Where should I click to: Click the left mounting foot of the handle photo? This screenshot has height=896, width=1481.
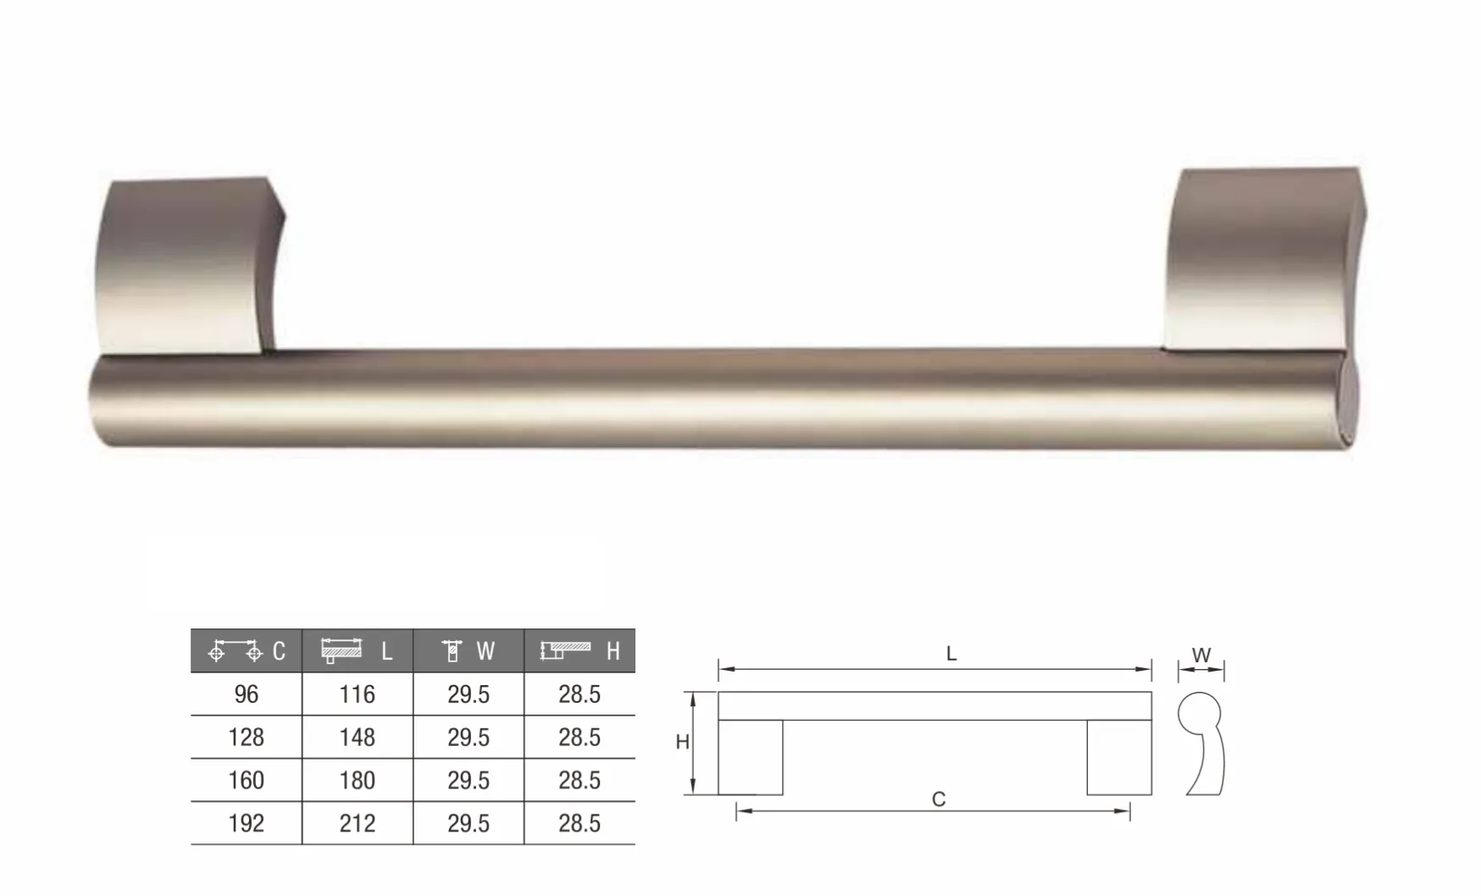pos(189,265)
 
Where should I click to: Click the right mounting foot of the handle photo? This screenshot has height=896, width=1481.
pos(1264,259)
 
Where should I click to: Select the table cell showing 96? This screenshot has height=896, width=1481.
pos(247,694)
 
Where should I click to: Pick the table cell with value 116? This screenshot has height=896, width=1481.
pos(358,694)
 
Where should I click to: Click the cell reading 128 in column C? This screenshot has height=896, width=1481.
pos(247,738)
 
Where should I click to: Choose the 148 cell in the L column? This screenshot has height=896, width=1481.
pos(358,738)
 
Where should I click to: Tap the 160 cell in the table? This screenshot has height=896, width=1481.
pos(247,780)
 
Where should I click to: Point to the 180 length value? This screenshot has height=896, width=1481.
pos(358,780)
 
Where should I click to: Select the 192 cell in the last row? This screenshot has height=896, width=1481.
pos(247,823)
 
